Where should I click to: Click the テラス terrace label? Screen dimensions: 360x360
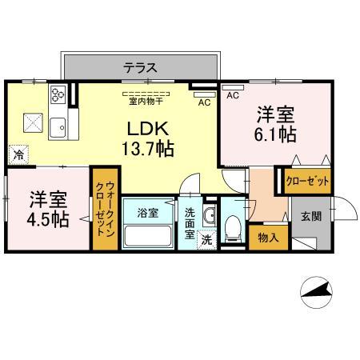tap(140, 67)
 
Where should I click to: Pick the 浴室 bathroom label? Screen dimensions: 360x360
tap(147, 213)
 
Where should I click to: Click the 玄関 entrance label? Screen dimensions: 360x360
tap(311, 215)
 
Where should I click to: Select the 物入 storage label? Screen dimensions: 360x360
tap(268, 237)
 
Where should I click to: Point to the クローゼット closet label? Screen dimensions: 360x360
tap(307, 181)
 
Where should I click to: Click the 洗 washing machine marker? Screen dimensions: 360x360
tap(206, 238)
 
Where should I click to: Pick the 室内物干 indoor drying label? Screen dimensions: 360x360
tap(145, 101)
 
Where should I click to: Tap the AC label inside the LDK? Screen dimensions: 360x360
tap(203, 102)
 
